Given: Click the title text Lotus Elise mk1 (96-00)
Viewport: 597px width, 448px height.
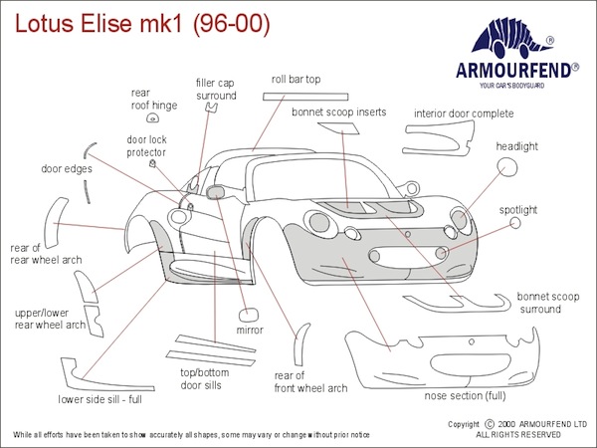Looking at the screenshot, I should tap(138, 21).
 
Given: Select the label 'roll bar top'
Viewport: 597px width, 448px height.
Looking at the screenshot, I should tap(296, 79).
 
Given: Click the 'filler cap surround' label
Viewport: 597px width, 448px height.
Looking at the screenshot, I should tap(216, 90).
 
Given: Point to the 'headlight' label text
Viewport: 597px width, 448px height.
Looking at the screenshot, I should tap(516, 146).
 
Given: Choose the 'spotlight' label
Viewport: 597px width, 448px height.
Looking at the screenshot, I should tap(517, 210).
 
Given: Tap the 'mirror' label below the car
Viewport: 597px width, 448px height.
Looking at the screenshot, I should tap(249, 329).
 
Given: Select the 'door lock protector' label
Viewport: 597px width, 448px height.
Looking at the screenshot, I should tap(145, 146).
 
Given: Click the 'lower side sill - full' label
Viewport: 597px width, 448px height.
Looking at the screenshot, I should tap(99, 399).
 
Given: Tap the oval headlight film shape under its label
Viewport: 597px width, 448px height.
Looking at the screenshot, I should tap(507, 167).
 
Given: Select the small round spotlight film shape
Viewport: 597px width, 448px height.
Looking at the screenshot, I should tap(515, 225).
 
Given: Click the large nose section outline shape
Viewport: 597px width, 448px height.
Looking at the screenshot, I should tap(438, 358).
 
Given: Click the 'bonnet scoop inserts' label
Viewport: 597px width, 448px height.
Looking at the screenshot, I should tap(338, 112).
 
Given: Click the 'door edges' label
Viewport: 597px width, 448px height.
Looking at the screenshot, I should tap(67, 169).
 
